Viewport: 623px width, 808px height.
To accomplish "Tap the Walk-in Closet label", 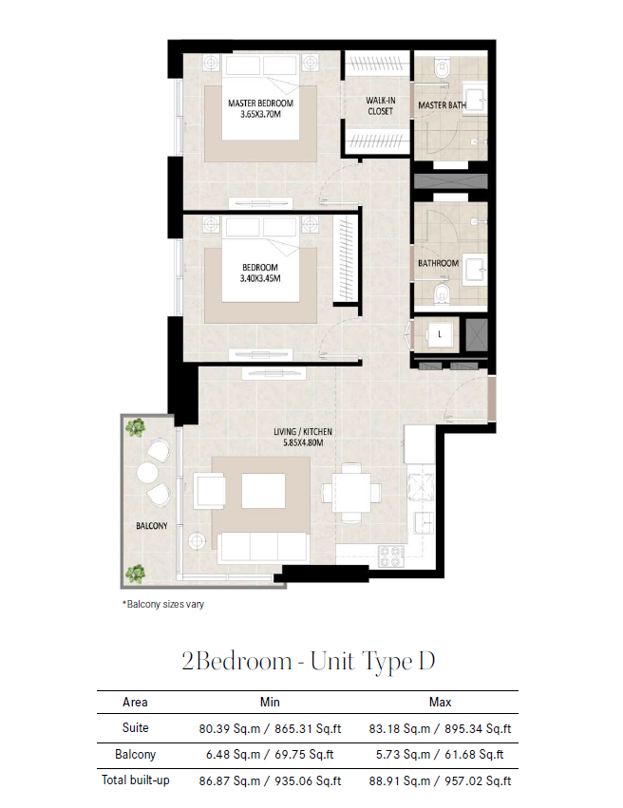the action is (380, 105).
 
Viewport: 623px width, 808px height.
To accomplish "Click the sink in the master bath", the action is (475, 98).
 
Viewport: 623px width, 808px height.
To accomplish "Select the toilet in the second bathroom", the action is (443, 294).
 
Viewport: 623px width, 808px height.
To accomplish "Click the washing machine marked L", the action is (440, 334).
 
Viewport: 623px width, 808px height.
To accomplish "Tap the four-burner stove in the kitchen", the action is (390, 556).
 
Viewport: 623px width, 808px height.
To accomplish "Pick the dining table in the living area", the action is (351, 493).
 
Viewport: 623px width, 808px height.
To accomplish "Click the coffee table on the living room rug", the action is (263, 491).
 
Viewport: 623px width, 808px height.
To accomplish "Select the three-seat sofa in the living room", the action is (263, 547).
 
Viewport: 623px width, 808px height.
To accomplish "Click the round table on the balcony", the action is (147, 472).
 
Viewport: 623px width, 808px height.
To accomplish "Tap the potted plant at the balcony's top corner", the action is (135, 427).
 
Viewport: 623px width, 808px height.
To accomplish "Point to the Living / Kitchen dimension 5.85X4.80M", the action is (303, 442).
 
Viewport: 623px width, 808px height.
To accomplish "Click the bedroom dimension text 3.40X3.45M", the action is (260, 278).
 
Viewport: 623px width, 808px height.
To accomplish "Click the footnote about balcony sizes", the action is (162, 604).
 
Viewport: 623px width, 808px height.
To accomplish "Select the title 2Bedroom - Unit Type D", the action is (309, 661).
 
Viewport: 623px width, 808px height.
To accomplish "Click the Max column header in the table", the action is (440, 702).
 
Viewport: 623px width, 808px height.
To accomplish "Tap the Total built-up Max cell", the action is (440, 780).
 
